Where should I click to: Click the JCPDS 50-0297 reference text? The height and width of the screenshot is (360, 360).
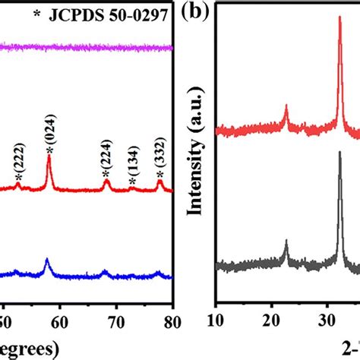[x=99, y=15]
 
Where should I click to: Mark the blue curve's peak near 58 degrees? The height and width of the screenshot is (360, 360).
[x=47, y=261]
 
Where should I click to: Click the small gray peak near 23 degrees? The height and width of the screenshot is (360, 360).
[x=286, y=242]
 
